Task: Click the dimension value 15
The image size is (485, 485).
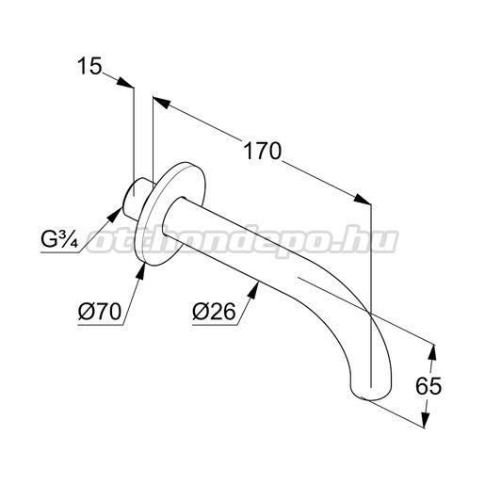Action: coord(89,66)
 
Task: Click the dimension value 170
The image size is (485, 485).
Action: coord(263,151)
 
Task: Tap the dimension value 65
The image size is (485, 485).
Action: coord(428,385)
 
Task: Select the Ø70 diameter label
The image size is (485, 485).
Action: coord(100,312)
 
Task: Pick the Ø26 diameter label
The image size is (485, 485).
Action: coord(214,312)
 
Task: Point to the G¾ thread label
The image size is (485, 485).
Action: coord(59,239)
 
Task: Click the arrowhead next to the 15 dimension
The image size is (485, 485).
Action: coord(125,82)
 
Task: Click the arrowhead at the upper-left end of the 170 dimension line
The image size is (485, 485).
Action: coord(161,103)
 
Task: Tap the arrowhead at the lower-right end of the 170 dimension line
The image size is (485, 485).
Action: coord(363,200)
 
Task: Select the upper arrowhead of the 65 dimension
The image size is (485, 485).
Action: coord(432,353)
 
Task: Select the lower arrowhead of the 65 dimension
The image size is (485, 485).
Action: coord(426,418)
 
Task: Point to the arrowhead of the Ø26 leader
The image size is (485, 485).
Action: coord(253,290)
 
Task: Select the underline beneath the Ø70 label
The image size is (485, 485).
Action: coord(101,325)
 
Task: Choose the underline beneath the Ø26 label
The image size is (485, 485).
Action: coord(215,325)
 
